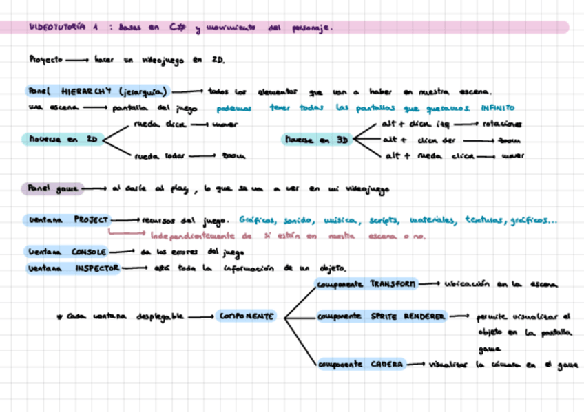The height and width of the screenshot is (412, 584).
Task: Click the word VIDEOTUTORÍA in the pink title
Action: pyautogui.click(x=58, y=28)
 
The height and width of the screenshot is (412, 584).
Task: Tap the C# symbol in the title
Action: pyautogui.click(x=173, y=28)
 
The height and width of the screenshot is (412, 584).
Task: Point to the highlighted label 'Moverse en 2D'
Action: pyautogui.click(x=63, y=140)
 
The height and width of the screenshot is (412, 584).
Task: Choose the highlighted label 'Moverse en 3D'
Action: pyautogui.click(x=317, y=140)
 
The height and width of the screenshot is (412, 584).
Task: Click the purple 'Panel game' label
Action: pyautogui.click(x=52, y=188)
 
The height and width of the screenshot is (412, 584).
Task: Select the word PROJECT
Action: pyautogui.click(x=91, y=220)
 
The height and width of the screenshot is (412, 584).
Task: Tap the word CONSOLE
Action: pyautogui.click(x=88, y=252)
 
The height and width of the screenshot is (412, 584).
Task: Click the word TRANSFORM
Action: pyautogui.click(x=393, y=283)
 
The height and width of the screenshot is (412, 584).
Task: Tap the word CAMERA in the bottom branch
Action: pyautogui.click(x=386, y=364)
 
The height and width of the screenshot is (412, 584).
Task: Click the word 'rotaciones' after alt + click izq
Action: pyautogui.click(x=501, y=124)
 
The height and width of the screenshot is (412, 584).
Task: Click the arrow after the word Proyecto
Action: pyautogui.click(x=77, y=60)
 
